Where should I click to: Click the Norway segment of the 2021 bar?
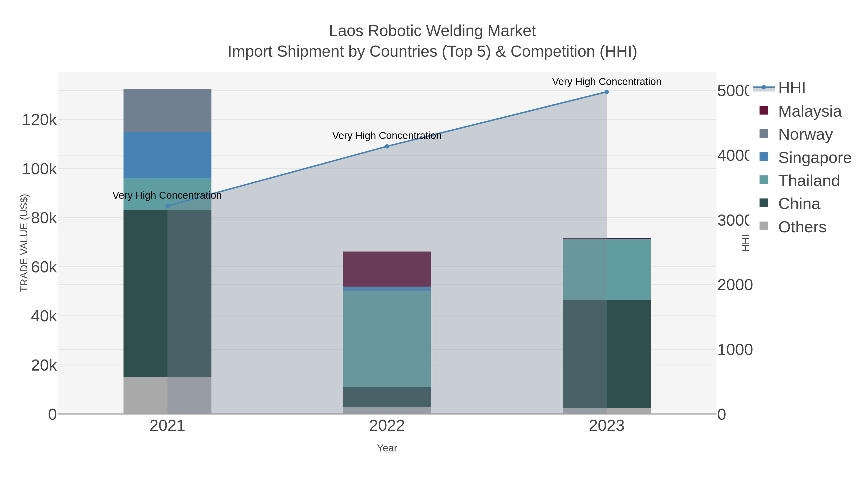167,110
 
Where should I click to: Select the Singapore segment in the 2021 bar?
167,155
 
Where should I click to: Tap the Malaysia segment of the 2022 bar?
387,269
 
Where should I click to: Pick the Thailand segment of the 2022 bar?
387,339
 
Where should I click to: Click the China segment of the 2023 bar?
606,354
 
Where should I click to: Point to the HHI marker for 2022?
387,146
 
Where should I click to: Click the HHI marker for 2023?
606,92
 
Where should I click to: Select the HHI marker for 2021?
167,206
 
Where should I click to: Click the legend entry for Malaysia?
809,111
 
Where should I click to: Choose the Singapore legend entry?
814,158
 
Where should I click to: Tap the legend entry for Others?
802,227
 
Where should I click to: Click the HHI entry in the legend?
791,88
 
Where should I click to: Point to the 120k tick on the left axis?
39,120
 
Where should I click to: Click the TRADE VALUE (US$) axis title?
24,243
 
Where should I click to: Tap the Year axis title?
387,448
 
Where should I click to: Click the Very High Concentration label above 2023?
606,82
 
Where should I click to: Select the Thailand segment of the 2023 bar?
606,269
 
